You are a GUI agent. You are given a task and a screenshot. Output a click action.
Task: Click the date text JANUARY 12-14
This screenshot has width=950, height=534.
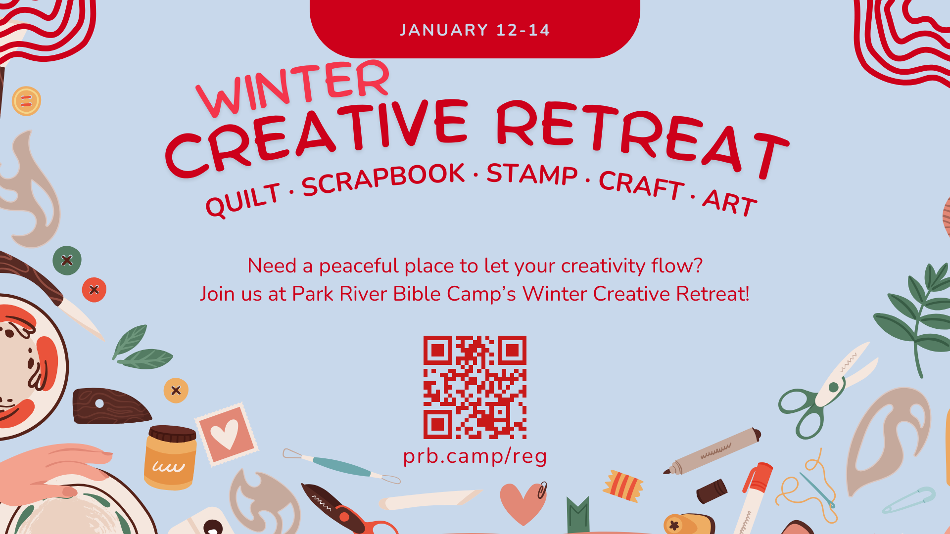(x=475, y=30)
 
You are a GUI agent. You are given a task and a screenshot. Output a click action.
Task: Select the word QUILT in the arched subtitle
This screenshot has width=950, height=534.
(x=243, y=200)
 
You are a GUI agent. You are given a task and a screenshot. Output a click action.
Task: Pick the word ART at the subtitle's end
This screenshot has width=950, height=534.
(x=729, y=202)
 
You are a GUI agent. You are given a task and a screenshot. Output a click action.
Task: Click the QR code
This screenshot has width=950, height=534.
(x=475, y=387)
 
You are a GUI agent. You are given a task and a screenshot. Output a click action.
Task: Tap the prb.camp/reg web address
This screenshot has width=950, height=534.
(x=475, y=456)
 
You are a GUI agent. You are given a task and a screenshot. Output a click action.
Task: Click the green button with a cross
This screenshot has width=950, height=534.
(x=67, y=260)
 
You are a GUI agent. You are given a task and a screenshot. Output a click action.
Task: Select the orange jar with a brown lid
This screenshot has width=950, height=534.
(x=170, y=458)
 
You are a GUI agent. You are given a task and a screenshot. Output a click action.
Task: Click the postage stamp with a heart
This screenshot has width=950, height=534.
(x=227, y=434)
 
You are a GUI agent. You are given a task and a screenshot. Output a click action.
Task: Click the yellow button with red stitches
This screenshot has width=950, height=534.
(x=26, y=101)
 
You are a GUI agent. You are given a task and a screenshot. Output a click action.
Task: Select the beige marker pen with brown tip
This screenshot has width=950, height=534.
(x=712, y=451)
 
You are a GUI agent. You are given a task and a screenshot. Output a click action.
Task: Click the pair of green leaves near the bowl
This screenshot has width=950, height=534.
(x=141, y=349)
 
